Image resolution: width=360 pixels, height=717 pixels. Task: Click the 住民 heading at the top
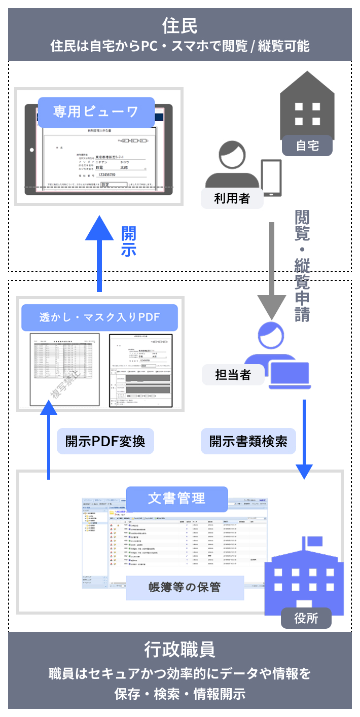179,25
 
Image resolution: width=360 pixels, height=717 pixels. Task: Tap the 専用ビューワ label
96,112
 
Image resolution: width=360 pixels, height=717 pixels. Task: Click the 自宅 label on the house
307,146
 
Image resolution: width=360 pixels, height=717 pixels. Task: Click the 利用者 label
232,198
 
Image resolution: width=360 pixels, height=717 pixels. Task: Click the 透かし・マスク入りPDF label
99,317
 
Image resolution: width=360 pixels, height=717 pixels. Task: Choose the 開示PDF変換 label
105,441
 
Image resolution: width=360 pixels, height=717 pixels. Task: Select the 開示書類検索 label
248,441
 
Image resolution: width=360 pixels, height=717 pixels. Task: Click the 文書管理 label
176,498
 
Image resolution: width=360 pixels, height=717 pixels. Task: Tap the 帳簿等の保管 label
185,587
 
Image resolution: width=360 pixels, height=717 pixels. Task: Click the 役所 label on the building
306,618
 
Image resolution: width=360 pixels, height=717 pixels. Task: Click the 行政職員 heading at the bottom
179,649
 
